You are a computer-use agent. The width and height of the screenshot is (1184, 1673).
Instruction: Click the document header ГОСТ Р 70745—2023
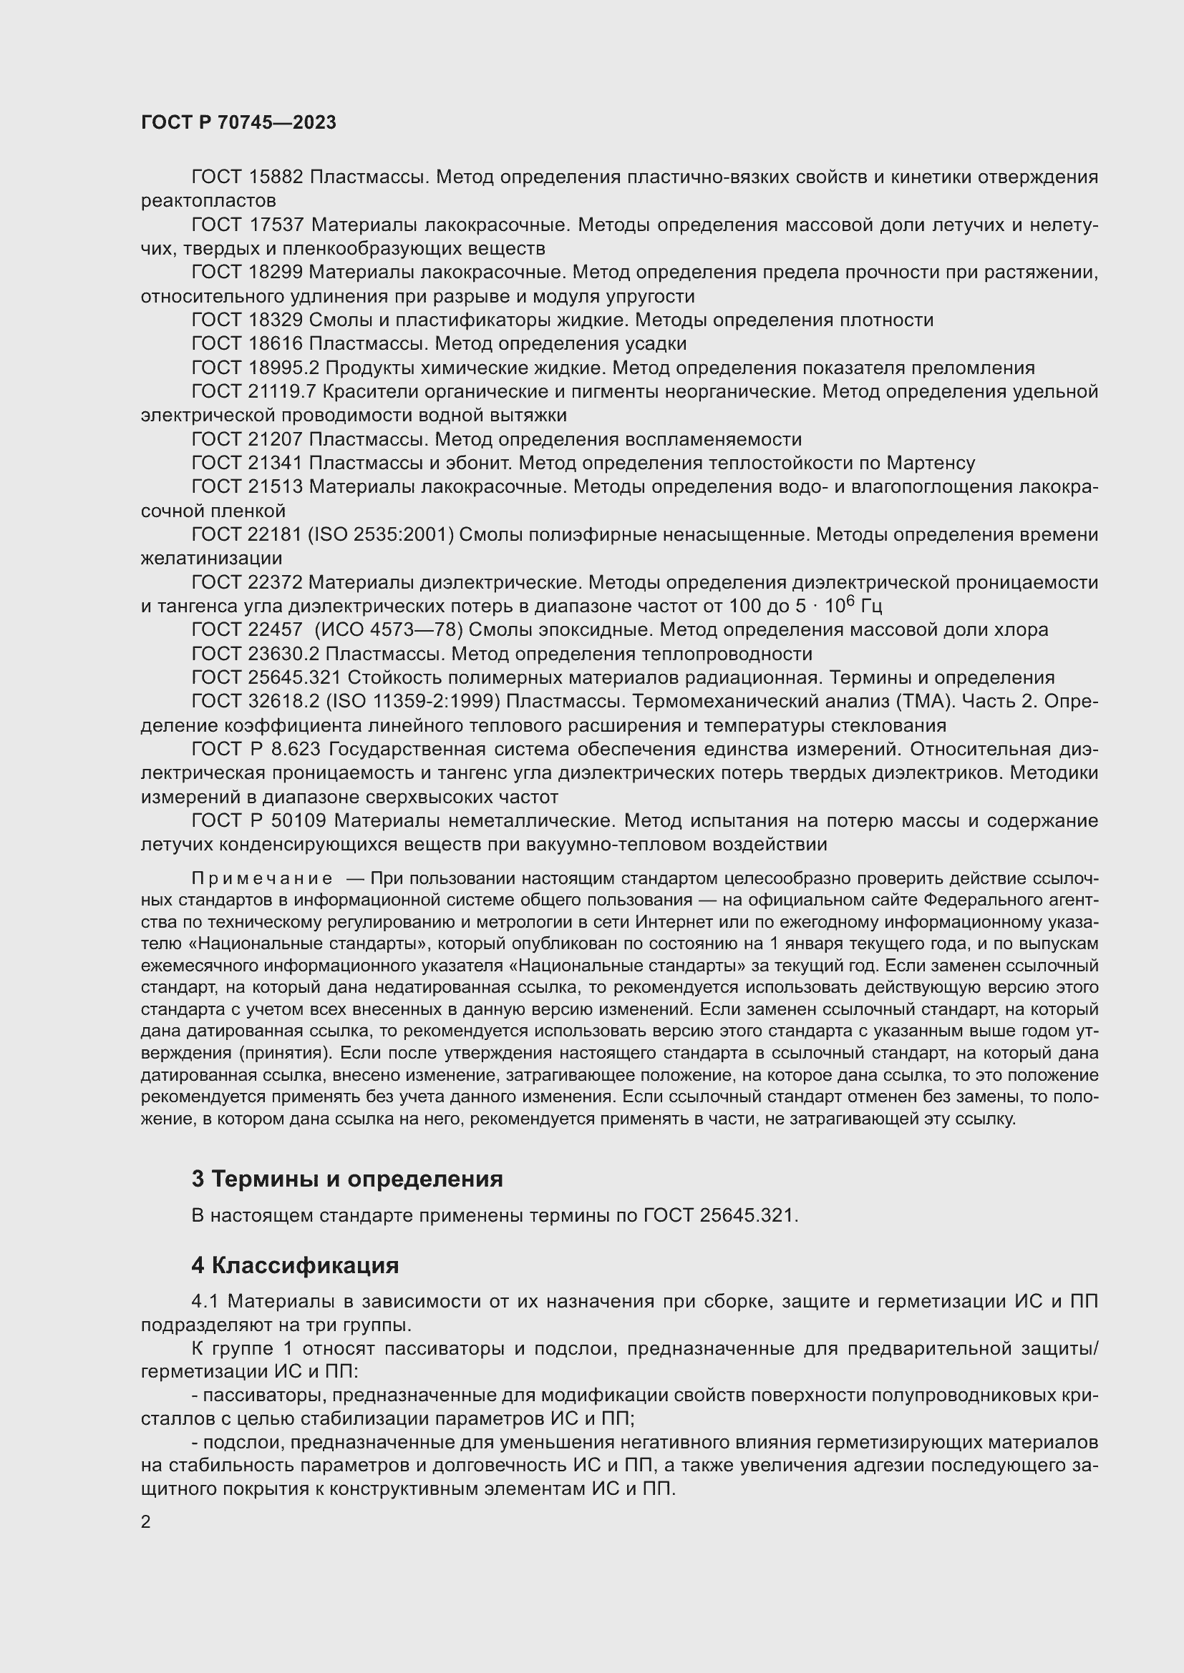238,122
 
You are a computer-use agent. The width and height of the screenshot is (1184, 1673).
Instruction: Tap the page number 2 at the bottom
146,1522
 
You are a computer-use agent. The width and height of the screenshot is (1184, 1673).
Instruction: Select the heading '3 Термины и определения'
347,1179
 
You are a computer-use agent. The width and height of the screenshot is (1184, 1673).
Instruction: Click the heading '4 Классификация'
294,1265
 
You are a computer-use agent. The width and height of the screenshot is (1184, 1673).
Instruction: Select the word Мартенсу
931,463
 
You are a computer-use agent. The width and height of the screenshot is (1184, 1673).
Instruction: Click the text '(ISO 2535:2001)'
382,535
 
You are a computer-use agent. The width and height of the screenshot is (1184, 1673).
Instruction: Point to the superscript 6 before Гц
850,600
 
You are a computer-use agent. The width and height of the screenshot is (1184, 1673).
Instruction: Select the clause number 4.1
206,1301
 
